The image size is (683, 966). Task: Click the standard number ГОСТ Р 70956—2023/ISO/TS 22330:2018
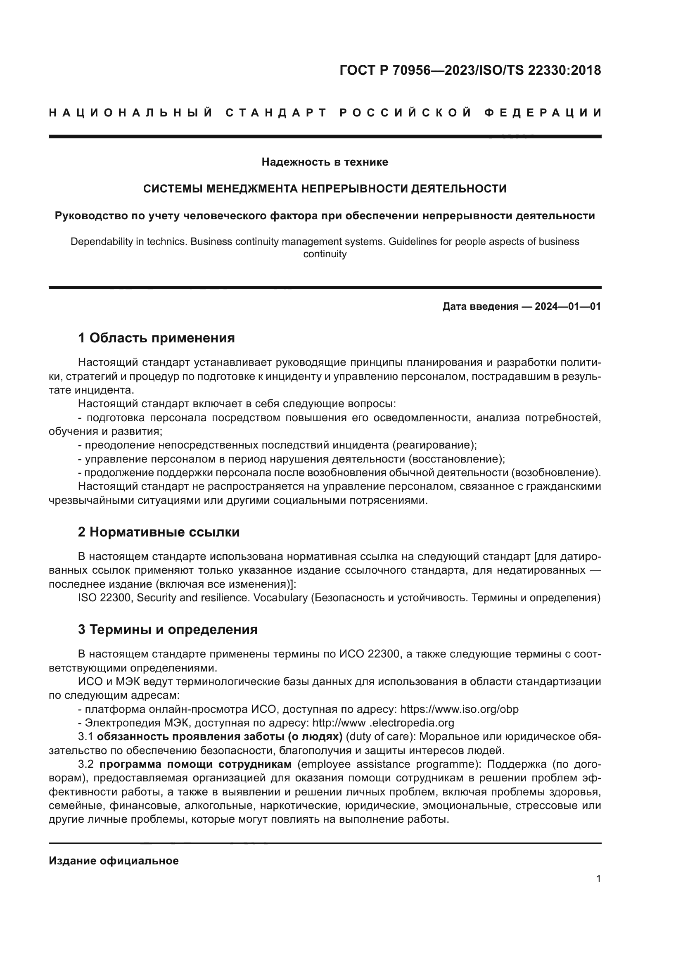(x=470, y=70)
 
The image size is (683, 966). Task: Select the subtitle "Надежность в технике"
(x=325, y=162)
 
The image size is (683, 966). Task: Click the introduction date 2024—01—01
(x=568, y=306)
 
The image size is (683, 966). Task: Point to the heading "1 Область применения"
(x=157, y=338)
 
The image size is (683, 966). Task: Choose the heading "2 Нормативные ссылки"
(x=159, y=532)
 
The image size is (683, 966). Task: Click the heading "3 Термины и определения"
(x=167, y=629)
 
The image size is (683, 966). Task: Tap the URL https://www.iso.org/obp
(x=459, y=710)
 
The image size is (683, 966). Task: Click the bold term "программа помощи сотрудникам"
(x=196, y=764)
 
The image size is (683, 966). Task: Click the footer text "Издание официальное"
(x=114, y=860)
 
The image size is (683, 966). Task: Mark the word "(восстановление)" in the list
(x=458, y=458)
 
